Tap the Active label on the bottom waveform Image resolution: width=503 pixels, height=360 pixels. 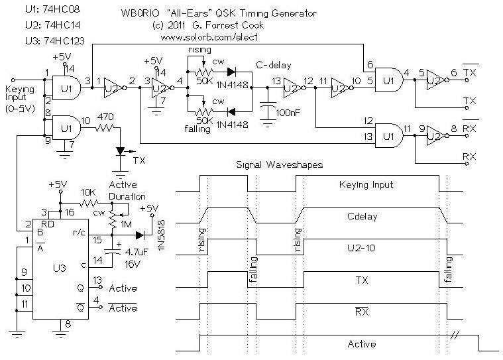[x=362, y=344]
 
